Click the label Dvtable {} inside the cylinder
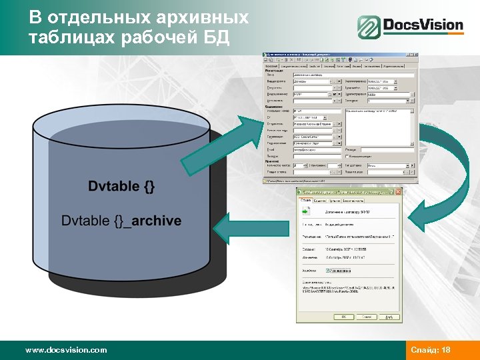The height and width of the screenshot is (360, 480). click(x=121, y=186)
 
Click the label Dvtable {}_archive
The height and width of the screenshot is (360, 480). click(x=121, y=220)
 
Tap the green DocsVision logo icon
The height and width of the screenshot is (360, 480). click(x=368, y=27)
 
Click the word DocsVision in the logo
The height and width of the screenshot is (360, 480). click(x=423, y=26)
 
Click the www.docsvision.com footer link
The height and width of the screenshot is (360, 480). click(x=65, y=349)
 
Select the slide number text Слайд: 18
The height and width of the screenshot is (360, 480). click(x=431, y=349)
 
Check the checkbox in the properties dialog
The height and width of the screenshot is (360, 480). click(x=328, y=271)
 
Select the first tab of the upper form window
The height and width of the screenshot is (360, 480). click(x=271, y=66)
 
